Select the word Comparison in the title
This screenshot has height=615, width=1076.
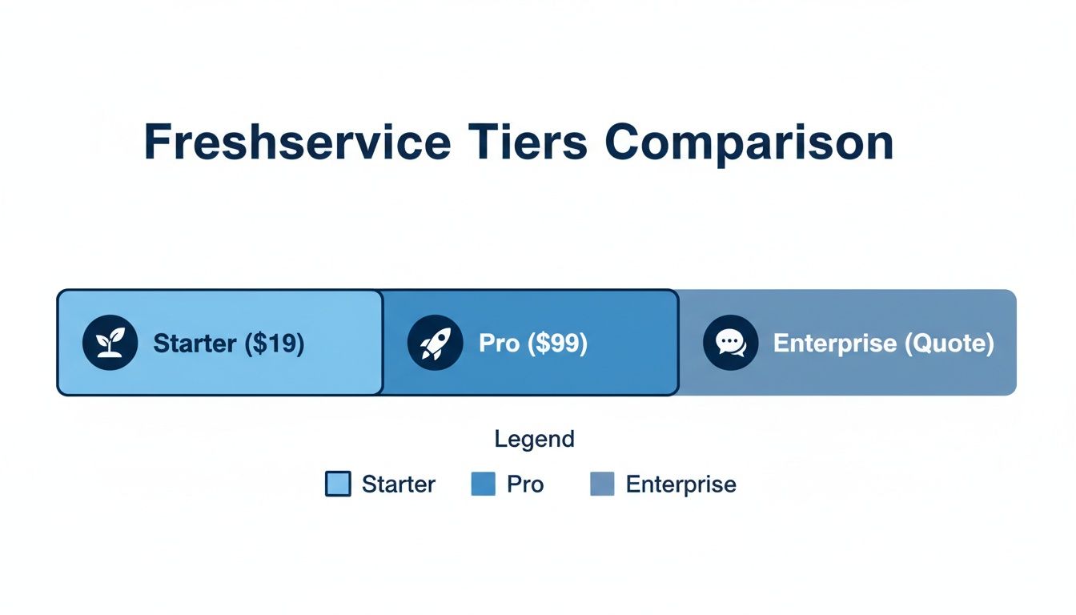749,144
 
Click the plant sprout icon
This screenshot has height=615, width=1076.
110,343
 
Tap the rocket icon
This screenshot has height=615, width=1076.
435,343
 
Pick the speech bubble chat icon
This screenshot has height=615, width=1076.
730,343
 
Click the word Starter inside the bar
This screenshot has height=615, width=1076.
195,344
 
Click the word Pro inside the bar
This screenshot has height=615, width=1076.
499,344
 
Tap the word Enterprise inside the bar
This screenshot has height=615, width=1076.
835,344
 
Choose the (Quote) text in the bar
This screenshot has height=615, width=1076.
949,344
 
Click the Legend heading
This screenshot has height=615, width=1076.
534,439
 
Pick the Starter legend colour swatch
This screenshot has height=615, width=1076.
338,484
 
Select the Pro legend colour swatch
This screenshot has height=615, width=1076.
484,484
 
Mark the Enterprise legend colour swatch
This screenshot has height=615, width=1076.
602,484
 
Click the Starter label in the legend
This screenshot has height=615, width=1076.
399,484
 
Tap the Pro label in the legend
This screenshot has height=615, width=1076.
525,484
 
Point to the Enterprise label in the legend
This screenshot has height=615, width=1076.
681,484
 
